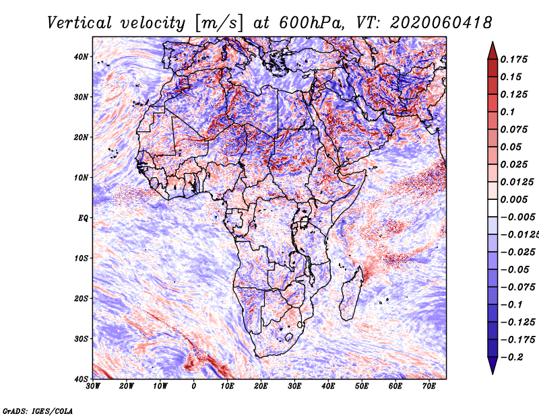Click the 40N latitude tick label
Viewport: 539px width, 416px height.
pyautogui.click(x=80, y=57)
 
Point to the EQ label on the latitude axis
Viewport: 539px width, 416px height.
pyautogui.click(x=82, y=218)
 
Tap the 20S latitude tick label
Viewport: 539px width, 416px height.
pyautogui.click(x=81, y=298)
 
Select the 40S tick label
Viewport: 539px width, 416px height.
pyautogui.click(x=81, y=379)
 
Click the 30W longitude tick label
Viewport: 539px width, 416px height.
pyautogui.click(x=93, y=386)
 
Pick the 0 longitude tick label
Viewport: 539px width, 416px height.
pyautogui.click(x=194, y=386)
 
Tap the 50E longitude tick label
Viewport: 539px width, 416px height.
pyautogui.click(x=362, y=386)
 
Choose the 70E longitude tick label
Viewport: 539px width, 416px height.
pyautogui.click(x=429, y=386)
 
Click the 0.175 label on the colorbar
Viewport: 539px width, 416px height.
pyautogui.click(x=514, y=59)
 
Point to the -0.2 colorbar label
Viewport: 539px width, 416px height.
pyautogui.click(x=512, y=357)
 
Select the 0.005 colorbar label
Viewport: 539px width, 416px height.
pyautogui.click(x=514, y=199)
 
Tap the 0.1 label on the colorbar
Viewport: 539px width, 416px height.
pyautogui.click(x=507, y=112)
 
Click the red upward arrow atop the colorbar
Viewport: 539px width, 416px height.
pyautogui.click(x=493, y=51)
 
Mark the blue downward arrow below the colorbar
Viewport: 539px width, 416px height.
pyautogui.click(x=493, y=366)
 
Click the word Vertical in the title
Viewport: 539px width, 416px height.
pyautogui.click(x=80, y=23)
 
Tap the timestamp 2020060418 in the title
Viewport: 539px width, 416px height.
pyautogui.click(x=441, y=23)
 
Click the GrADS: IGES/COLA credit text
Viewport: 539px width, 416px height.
pyautogui.click(x=38, y=411)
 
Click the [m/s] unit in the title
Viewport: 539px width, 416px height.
pyautogui.click(x=220, y=24)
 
